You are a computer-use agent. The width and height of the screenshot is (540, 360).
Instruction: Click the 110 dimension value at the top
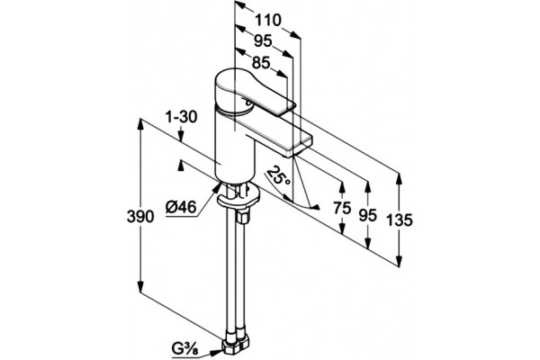coord(268,21)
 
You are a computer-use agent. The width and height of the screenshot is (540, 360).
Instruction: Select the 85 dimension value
coord(261,63)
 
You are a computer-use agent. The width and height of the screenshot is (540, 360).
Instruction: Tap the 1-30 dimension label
coord(181,117)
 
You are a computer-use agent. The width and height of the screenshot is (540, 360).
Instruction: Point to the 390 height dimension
coord(140,217)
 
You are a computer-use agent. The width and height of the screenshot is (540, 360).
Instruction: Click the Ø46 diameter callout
coord(181,207)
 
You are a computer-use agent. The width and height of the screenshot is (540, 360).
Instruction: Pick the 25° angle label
coord(278,175)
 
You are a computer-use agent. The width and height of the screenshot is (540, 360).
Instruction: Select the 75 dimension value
coord(342,208)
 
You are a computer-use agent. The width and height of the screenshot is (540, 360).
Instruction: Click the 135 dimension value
coord(399,220)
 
